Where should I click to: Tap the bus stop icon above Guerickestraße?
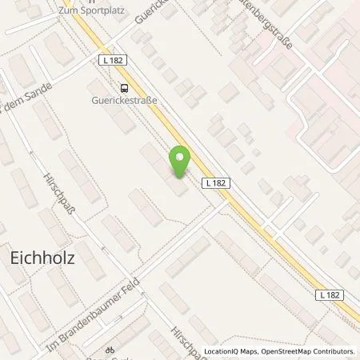point(124,89)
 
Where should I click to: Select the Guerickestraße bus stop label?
point(124,102)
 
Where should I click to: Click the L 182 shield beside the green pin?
point(215,182)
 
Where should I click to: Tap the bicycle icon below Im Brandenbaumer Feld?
point(111,350)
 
